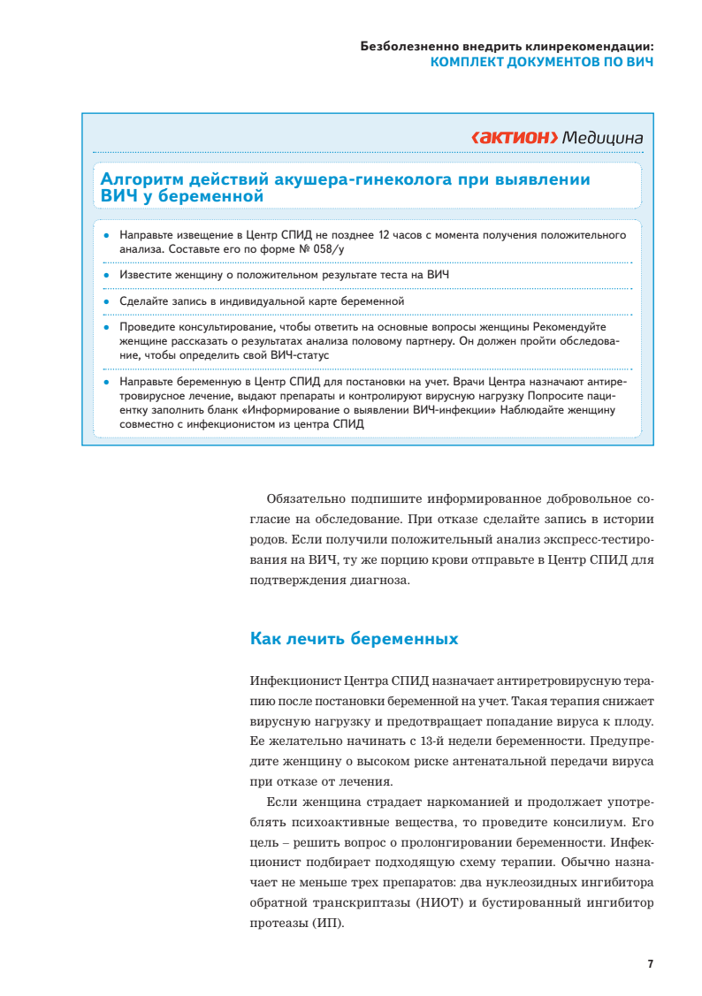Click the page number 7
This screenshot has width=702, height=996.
click(650, 963)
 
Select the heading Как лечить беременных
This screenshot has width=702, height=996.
click(354, 638)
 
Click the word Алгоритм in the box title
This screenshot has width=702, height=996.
click(146, 180)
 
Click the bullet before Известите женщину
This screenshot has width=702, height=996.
click(105, 276)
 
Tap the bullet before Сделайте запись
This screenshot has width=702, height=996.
click(105, 301)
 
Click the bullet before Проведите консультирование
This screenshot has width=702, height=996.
click(105, 327)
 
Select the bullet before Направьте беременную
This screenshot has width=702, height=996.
click(105, 382)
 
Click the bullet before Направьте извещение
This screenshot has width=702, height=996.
click(105, 236)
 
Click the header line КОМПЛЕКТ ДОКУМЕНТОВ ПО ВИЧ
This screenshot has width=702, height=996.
click(541, 63)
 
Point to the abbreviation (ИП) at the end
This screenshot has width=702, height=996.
click(326, 924)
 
